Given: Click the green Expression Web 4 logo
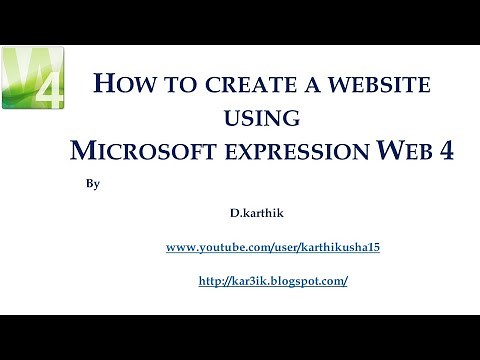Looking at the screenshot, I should click(34, 78).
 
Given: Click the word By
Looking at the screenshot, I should click(80, 185).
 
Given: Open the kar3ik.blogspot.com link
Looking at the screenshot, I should click(273, 281).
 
